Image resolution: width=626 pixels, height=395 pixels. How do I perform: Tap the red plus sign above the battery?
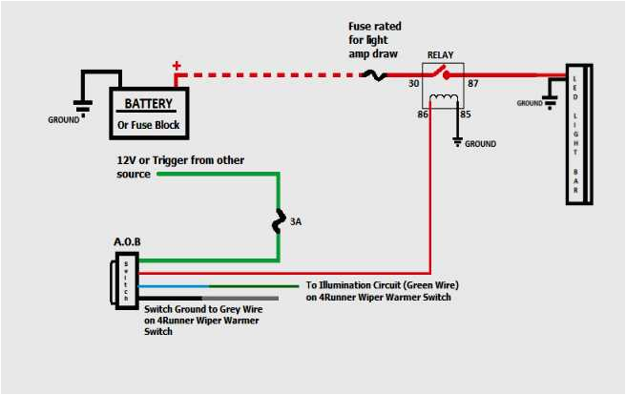pyautogui.click(x=176, y=67)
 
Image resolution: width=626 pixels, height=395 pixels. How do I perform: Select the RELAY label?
pyautogui.click(x=441, y=55)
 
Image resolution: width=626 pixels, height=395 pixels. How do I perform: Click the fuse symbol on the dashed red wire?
pyautogui.click(x=380, y=74)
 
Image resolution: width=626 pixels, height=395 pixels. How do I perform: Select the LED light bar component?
pyautogui.click(x=576, y=135)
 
